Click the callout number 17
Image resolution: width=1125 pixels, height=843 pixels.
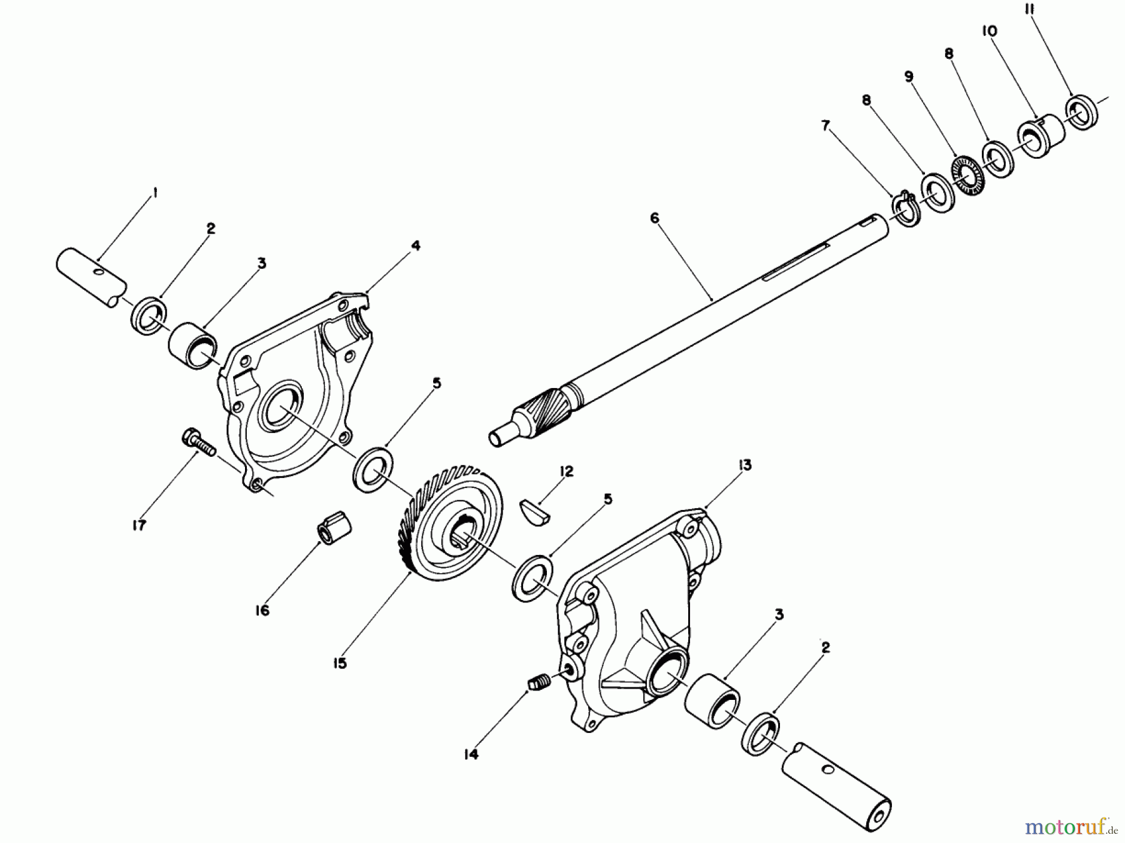[x=139, y=526]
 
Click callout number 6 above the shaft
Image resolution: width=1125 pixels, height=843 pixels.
[x=654, y=217]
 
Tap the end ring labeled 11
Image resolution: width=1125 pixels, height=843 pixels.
[x=1081, y=112]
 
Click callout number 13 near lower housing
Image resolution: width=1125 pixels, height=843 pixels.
[x=744, y=465]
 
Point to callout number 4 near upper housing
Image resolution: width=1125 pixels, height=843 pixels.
[x=416, y=246]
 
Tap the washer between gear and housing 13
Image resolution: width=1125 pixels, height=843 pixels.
[x=532, y=577]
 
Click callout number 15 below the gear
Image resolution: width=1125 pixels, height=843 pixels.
[x=339, y=663]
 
